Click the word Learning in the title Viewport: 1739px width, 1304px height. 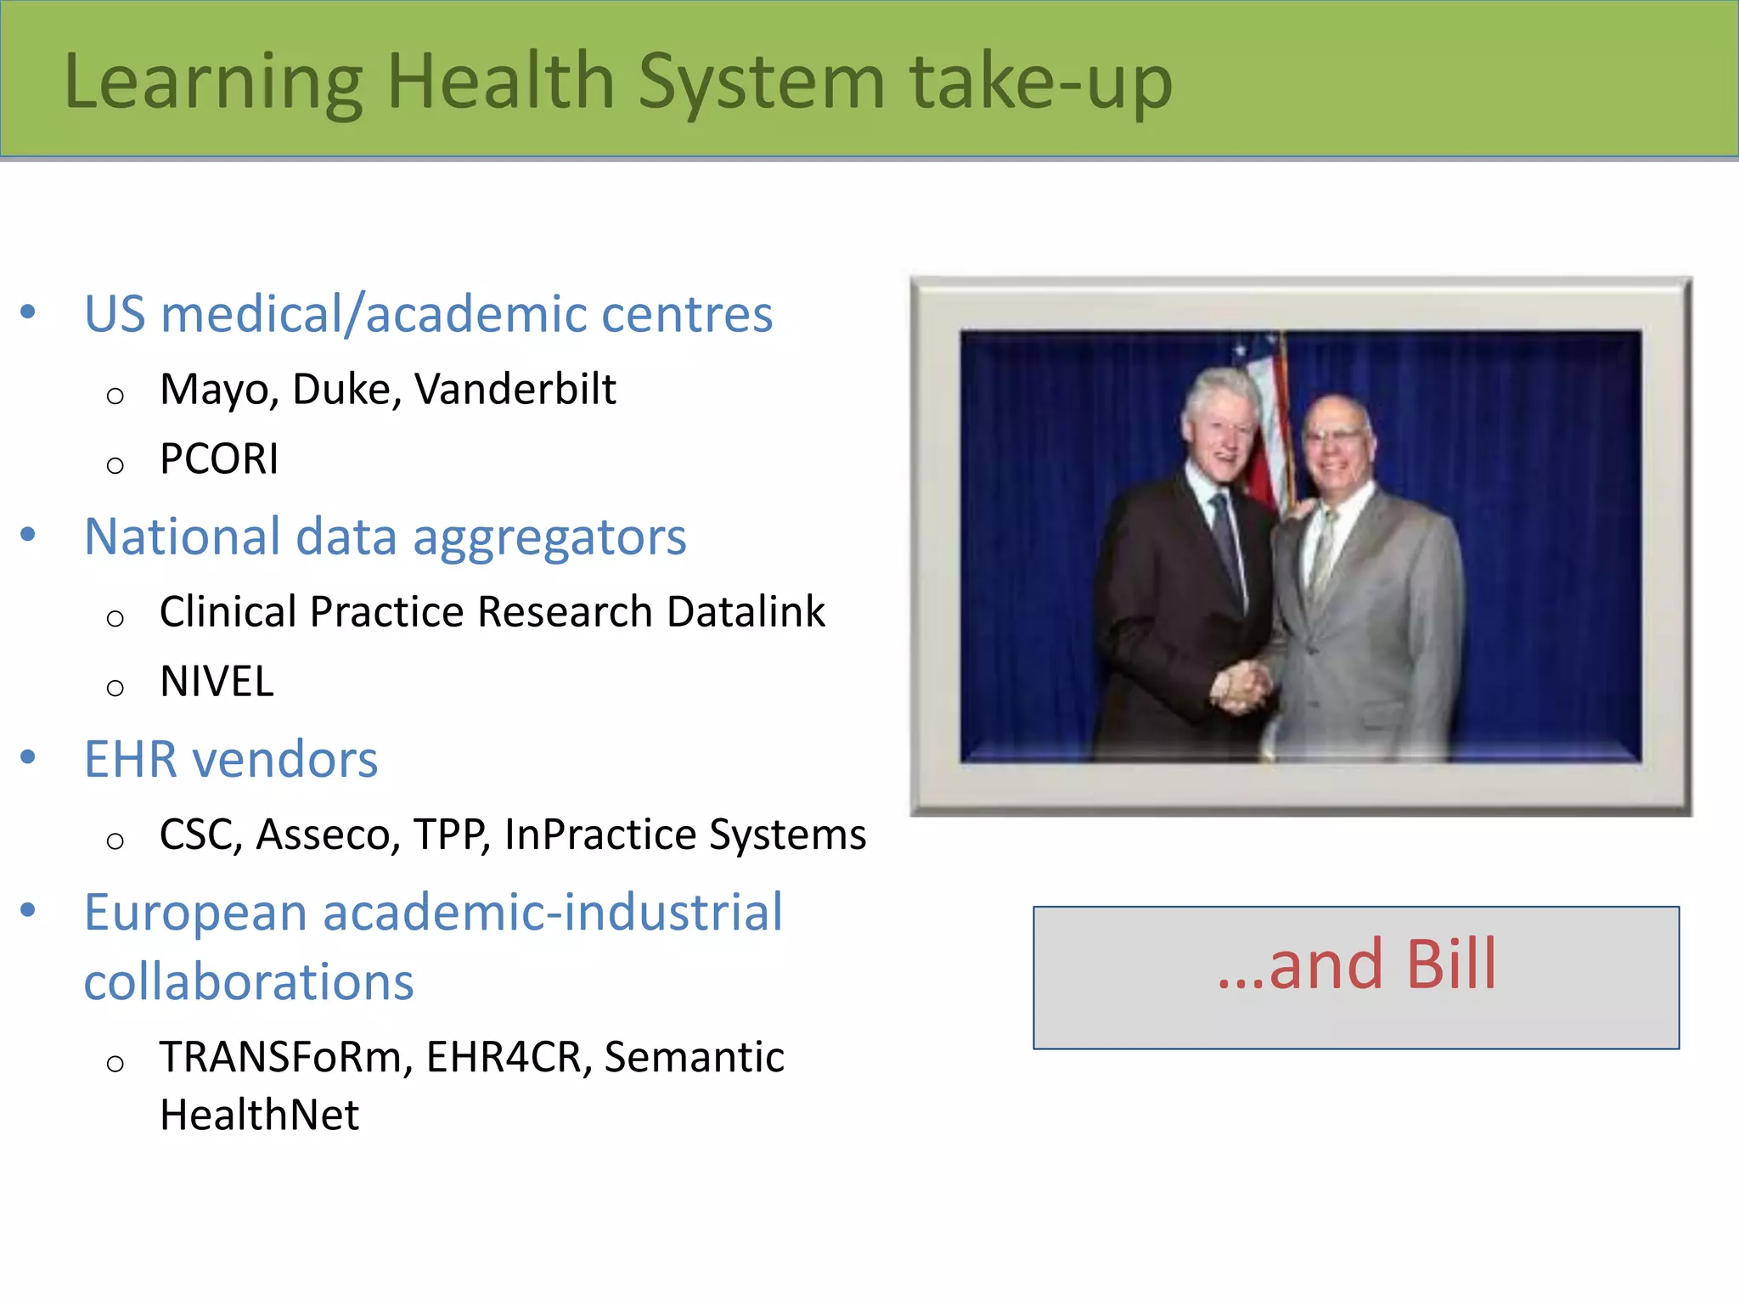213,83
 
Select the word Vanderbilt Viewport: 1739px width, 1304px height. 515,390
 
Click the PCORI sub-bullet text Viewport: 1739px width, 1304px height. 219,459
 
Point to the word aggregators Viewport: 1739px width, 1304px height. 549,538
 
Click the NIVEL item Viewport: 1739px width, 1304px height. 217,682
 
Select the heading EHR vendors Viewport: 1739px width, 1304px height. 231,759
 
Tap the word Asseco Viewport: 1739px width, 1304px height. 328,835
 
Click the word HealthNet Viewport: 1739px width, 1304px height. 259,1116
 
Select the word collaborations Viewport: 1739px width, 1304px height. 249,983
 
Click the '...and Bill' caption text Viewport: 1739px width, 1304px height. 1356,966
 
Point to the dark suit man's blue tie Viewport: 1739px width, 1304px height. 1228,543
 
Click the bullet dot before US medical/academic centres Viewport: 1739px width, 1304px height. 28,312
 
